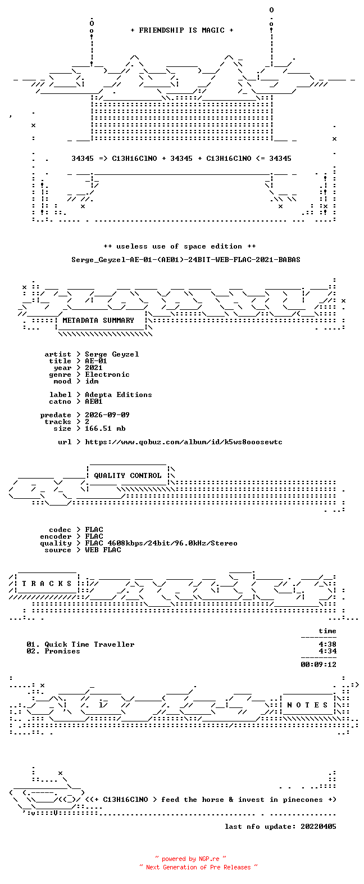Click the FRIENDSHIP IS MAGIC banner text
pyautogui.click(x=182, y=30)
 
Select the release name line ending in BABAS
pyautogui.click(x=186, y=260)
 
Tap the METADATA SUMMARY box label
pyautogui.click(x=98, y=321)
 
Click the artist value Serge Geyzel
pyautogui.click(x=112, y=354)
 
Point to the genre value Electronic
pyautogui.click(x=107, y=375)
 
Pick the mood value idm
pyautogui.click(x=92, y=381)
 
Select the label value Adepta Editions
pyautogui.click(x=119, y=395)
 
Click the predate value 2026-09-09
pyautogui.click(x=107, y=415)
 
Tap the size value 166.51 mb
pyautogui.click(x=105, y=428)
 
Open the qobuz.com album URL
pyautogui.click(x=184, y=442)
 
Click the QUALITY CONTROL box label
pyautogui.click(x=128, y=476)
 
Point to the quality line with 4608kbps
pyautogui.click(x=161, y=543)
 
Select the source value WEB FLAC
pyautogui.click(x=103, y=550)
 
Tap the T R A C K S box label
pyautogui.click(x=47, y=584)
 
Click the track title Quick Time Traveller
pyautogui.click(x=89, y=644)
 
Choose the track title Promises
pyautogui.click(x=62, y=651)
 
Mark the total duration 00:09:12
pyautogui.click(x=319, y=665)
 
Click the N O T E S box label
pyautogui.click(x=308, y=705)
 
